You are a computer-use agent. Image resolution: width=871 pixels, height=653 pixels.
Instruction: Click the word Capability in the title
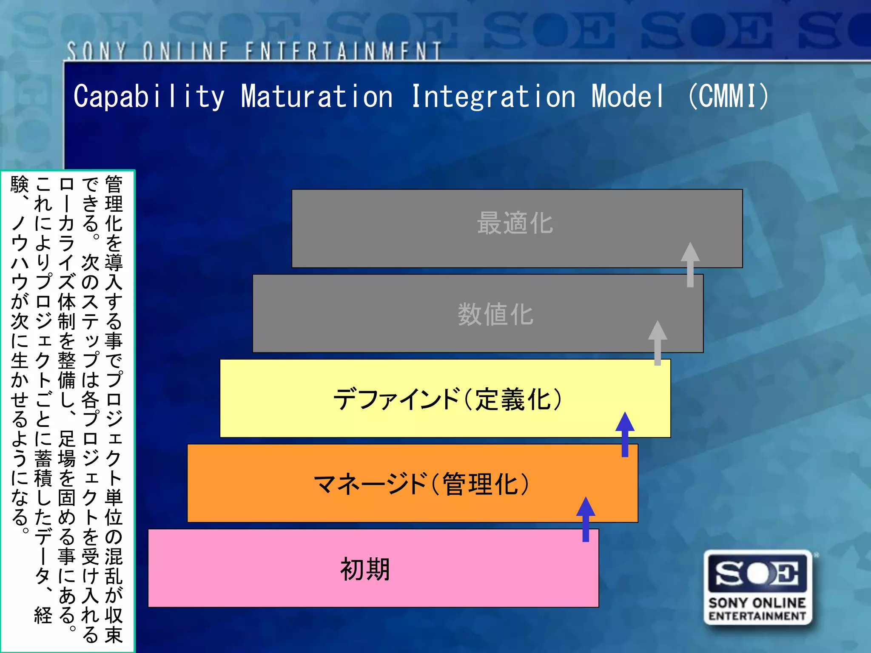point(149,97)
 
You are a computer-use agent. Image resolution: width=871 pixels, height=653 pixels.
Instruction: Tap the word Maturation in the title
point(317,97)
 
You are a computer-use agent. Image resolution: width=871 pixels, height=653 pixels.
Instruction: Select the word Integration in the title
point(493,97)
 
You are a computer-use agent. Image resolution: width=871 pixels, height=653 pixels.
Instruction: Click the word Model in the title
point(628,97)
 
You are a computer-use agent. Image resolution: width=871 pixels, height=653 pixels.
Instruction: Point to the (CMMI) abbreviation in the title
point(728,97)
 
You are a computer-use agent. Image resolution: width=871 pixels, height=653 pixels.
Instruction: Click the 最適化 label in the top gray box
point(515,223)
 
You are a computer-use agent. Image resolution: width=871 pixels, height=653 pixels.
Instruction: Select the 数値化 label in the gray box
point(495,315)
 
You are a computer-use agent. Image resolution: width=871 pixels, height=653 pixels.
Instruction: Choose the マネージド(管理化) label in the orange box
point(421,484)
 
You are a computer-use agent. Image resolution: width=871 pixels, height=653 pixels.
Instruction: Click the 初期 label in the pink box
point(365,569)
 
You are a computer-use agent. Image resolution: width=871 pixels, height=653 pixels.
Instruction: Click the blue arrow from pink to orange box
point(586,519)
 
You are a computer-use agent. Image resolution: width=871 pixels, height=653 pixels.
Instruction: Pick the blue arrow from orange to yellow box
point(625,434)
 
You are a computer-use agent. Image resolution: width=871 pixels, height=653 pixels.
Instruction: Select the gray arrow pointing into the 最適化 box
point(690,264)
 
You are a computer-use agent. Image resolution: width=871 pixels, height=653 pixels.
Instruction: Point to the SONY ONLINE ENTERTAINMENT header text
point(254,51)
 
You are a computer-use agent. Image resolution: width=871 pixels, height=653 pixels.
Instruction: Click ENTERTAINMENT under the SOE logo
point(757,616)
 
